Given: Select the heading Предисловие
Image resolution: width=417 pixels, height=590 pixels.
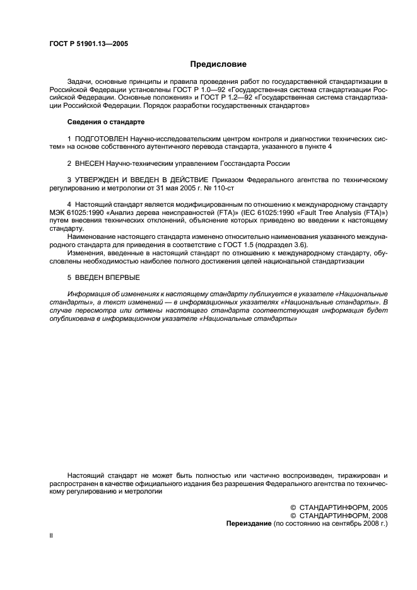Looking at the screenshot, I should [x=218, y=64].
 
